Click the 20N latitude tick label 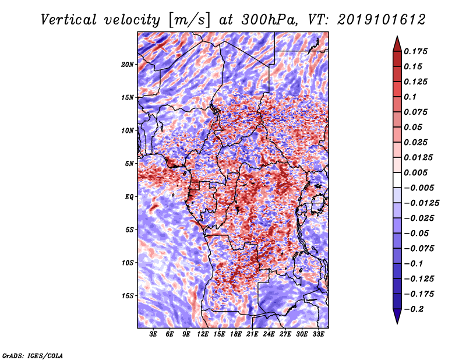point(128,64)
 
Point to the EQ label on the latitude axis point(129,196)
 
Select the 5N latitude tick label point(129,163)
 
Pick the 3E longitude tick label point(154,334)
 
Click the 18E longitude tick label point(236,334)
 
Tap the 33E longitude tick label point(318,334)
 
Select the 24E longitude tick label point(269,334)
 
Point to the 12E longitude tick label point(203,334)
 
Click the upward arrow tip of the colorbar point(397,38)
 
